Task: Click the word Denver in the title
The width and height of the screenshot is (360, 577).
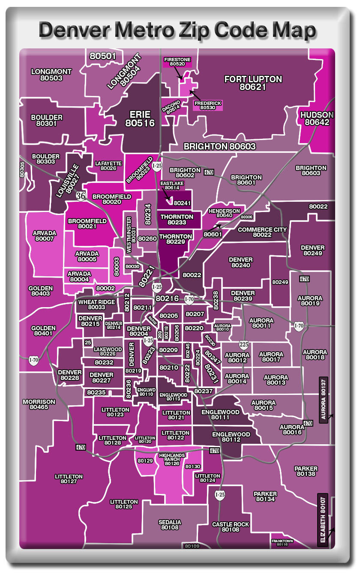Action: pos(76,30)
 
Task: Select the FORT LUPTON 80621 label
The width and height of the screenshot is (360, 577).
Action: pos(253,83)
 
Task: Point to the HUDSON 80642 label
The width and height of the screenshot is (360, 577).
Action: pos(317,119)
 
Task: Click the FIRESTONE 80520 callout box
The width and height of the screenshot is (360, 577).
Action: pos(177,62)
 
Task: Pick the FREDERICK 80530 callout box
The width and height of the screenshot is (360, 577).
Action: pos(207,105)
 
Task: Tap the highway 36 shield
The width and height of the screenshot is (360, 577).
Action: pos(81,196)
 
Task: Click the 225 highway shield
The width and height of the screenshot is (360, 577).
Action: pos(243,344)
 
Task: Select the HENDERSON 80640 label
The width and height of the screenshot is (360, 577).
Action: pos(224,213)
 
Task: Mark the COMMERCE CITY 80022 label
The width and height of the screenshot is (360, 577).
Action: pos(262,232)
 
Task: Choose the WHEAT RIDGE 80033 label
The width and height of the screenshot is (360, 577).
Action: pos(96,305)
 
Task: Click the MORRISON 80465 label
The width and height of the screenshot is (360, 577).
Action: pos(39,404)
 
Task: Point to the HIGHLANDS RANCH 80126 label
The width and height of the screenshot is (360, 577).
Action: pos(172,459)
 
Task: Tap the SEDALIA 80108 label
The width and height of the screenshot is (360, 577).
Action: pos(170,525)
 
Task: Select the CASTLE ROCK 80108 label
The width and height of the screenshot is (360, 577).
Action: pos(231,527)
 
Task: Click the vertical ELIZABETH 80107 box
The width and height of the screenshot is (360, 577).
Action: pos(323,520)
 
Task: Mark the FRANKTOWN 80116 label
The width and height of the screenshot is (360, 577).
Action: pos(282,542)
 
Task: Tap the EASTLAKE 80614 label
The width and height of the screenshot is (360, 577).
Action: pos(172,185)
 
